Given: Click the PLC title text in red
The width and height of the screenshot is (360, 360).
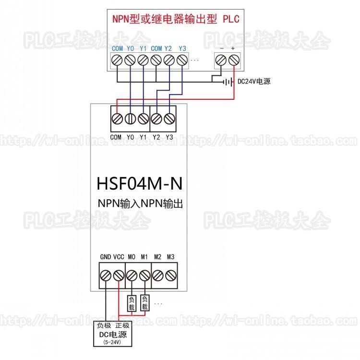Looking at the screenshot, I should [x=176, y=20].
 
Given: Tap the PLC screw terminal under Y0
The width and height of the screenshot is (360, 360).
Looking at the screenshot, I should [x=130, y=60].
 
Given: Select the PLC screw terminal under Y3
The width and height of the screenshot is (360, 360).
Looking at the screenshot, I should [x=181, y=60].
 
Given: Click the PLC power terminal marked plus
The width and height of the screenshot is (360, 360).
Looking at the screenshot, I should [x=233, y=60].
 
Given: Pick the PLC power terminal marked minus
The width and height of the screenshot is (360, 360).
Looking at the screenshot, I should [x=221, y=60].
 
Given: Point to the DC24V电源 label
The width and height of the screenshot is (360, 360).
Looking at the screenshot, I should [x=254, y=82].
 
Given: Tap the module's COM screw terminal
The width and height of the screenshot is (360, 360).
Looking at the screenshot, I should [x=117, y=119].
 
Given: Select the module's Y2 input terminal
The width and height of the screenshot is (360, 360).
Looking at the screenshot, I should [x=156, y=119].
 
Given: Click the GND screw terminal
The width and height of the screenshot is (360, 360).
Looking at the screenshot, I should [x=106, y=276].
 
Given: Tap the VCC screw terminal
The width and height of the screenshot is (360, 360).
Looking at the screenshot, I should [x=119, y=276].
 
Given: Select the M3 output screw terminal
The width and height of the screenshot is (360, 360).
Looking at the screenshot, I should [x=171, y=276].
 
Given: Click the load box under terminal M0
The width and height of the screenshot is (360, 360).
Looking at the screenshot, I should [x=132, y=303].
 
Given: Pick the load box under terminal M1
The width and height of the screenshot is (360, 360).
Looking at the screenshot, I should [x=145, y=303].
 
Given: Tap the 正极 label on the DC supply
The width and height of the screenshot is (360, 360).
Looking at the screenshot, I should [x=122, y=325].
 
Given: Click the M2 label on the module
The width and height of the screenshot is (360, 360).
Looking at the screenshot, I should [x=157, y=257].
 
